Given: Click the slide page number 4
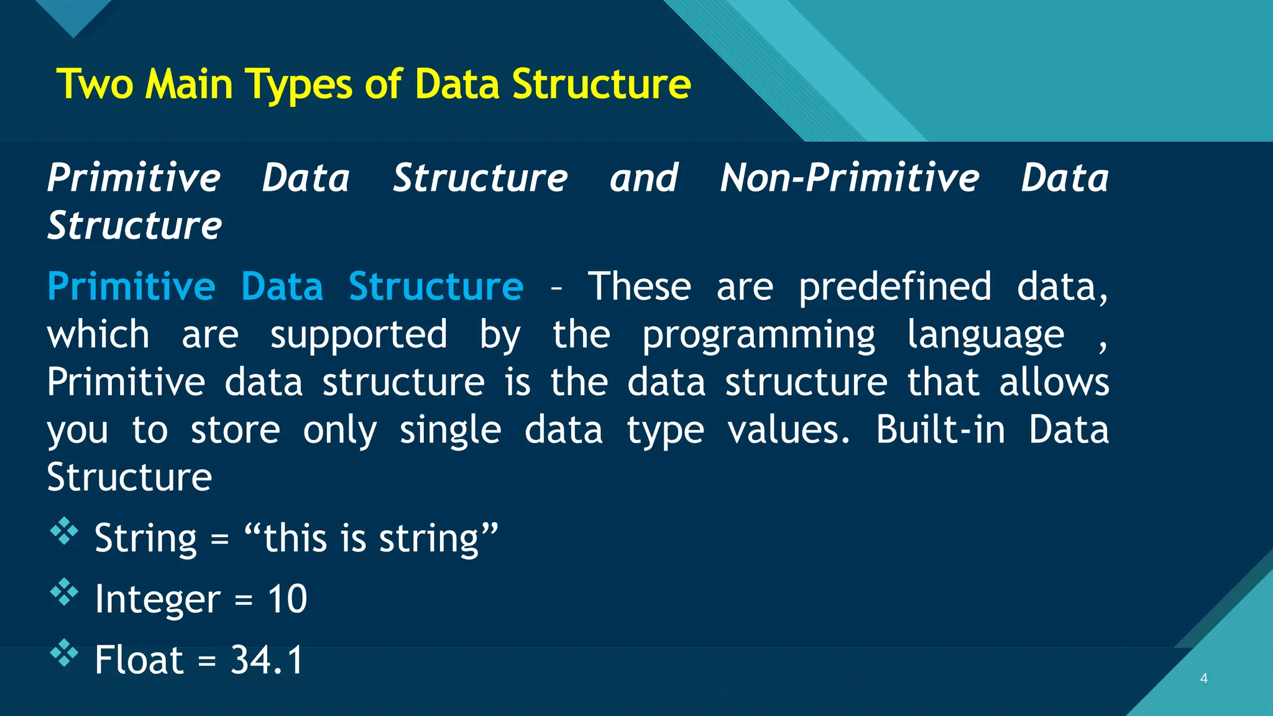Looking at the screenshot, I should [x=1203, y=678].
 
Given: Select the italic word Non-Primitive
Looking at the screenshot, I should [x=849, y=178].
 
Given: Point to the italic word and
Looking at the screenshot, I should [x=643, y=178].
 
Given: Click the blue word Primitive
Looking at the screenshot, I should [x=131, y=287].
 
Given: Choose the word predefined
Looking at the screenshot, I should [x=894, y=287].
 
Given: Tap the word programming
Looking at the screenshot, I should [x=758, y=336].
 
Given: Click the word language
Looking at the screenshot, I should [x=985, y=336].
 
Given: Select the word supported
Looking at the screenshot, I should [x=358, y=336].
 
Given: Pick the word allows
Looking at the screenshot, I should [x=1054, y=382].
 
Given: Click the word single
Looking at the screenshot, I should [x=449, y=431].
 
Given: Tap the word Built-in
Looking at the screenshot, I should [x=940, y=429].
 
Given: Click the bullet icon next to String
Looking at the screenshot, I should [x=64, y=532].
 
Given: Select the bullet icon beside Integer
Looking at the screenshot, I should [x=64, y=592].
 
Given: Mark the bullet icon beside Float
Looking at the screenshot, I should [x=64, y=653].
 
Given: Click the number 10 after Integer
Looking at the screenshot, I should [x=287, y=599].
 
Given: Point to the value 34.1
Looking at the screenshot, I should [x=267, y=660].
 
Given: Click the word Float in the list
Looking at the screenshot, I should [x=139, y=660].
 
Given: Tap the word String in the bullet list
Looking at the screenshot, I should [x=145, y=538].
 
